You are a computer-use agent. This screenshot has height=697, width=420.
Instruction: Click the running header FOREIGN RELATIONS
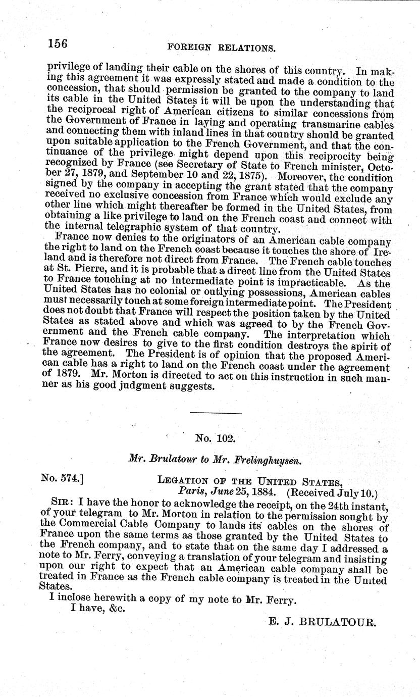[221, 48]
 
